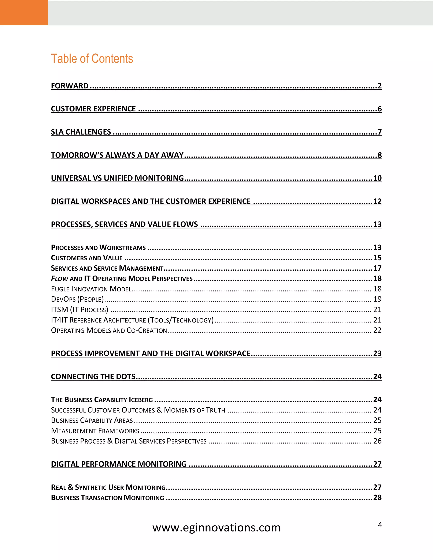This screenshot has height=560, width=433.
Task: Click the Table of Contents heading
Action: [x=92, y=59]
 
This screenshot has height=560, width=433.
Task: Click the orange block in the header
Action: [x=24, y=12]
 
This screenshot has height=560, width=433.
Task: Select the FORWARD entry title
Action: [x=70, y=86]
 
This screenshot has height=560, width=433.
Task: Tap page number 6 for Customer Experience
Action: [x=379, y=109]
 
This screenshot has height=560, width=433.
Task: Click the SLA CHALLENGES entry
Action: [x=81, y=132]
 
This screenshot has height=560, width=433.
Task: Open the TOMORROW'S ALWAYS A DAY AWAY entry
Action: [x=117, y=155]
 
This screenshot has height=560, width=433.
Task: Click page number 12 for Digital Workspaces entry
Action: [x=377, y=201]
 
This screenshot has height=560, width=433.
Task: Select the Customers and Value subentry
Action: [x=87, y=258]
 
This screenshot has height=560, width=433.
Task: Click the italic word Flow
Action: [x=59, y=279]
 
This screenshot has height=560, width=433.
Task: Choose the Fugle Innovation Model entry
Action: [x=91, y=289]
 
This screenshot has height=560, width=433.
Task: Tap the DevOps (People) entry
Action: [x=77, y=299]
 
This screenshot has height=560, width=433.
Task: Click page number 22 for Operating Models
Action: [x=377, y=330]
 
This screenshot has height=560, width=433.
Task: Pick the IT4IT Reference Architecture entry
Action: [x=132, y=320]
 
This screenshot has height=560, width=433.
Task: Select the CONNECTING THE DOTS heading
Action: [x=93, y=377]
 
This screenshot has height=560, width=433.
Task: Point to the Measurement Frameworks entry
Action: [x=95, y=431]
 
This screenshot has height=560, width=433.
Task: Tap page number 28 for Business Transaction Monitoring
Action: [x=377, y=498]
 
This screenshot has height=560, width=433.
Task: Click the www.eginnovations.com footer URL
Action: [x=216, y=528]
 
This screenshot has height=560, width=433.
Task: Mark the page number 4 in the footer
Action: [x=380, y=525]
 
